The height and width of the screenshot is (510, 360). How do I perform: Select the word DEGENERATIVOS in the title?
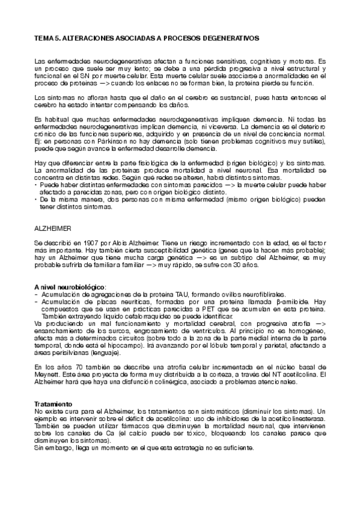[230, 37]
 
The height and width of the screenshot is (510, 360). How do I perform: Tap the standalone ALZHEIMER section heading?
[53, 229]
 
